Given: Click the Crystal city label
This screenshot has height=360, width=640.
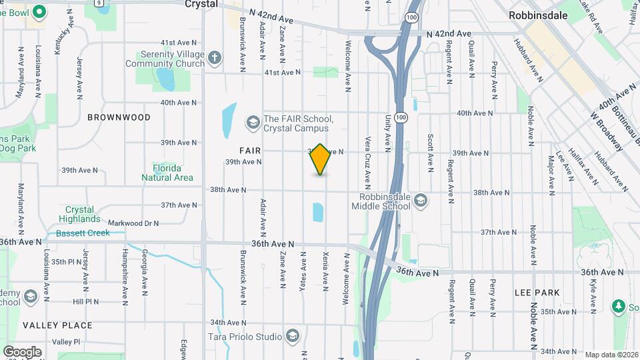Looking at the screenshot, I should point(201,3).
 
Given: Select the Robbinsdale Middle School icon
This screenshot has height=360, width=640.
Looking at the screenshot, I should point(421,201).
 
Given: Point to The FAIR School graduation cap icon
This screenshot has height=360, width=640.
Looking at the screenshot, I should point(253,122).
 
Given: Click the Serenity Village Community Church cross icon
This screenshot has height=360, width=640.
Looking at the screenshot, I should point(215,58).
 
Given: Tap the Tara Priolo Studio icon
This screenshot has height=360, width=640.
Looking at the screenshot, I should point(291,335).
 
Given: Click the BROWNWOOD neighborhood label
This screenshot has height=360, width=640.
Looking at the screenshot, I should point(119,117).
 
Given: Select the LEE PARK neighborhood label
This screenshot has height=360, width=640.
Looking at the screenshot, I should point(537,293).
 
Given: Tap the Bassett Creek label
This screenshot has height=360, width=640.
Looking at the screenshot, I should point(83,233).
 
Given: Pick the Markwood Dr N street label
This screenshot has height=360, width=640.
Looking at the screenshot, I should point(133,223).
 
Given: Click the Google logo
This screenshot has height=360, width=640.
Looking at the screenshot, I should point(22,352).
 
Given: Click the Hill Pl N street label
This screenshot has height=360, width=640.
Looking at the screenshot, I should point(86,301).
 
